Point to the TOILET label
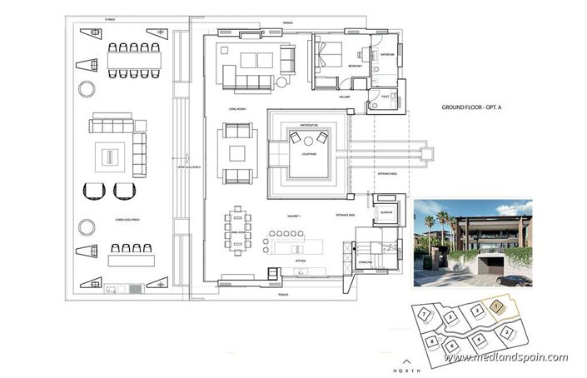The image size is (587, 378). point(384,95)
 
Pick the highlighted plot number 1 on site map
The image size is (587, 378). point(496,306)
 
